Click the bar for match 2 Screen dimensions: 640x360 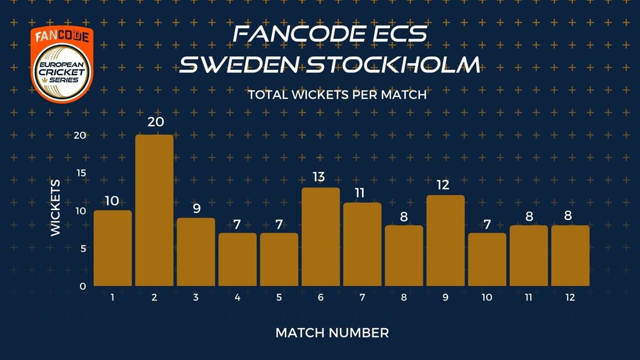(x=154, y=210)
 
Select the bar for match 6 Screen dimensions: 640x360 (x=321, y=237)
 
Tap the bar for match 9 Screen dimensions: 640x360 (x=446, y=241)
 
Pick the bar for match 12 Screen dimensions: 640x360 (x=571, y=256)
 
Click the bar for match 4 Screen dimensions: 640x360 (x=237, y=259)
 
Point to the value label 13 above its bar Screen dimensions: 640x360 (x=319, y=177)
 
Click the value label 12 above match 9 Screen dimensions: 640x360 (x=443, y=185)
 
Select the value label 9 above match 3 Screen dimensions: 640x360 (x=197, y=209)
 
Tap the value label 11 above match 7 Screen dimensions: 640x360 (x=359, y=192)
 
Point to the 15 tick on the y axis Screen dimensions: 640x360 (x=82, y=173)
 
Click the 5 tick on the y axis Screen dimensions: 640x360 (x=83, y=249)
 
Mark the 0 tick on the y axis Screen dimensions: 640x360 (x=83, y=286)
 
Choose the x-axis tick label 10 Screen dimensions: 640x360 (x=487, y=297)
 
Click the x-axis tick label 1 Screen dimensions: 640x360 (x=112, y=297)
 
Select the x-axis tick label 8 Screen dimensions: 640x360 (x=404, y=297)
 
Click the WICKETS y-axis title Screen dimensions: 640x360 (x=55, y=207)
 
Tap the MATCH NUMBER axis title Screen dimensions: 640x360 (x=332, y=333)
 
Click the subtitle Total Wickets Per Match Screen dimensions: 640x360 (x=337, y=95)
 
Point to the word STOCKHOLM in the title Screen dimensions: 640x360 (x=392, y=65)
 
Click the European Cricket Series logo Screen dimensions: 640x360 (x=62, y=64)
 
